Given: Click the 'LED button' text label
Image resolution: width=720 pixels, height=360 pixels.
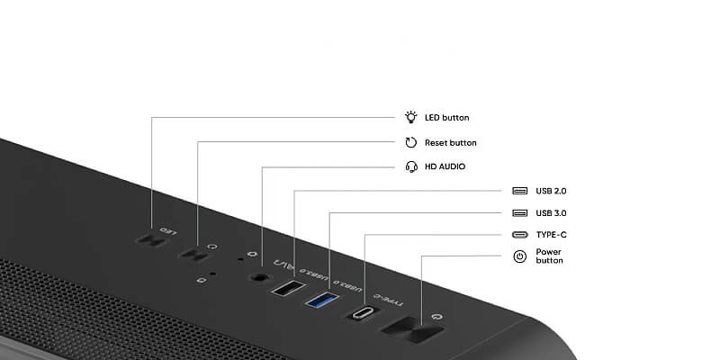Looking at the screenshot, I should click(446, 118).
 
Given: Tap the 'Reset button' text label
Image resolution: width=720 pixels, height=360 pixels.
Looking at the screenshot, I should click(450, 143).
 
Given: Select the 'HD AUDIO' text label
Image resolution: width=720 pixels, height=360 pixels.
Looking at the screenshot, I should click(445, 166).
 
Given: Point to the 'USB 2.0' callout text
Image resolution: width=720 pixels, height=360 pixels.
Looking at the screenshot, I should click(551, 191).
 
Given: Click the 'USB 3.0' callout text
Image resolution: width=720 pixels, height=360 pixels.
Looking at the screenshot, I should click(551, 213).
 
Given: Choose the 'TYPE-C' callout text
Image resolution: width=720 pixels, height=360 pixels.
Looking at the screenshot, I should click(551, 235).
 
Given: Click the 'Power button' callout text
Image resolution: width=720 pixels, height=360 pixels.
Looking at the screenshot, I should click(549, 256).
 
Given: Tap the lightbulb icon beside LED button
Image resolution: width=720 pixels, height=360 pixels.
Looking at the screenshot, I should click(411, 117).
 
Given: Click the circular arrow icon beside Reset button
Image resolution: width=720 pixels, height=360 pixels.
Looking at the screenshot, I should click(411, 142).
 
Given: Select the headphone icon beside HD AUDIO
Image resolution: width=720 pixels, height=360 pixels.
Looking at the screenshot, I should click(411, 166).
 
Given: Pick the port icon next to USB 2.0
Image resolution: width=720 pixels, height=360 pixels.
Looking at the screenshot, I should click(520, 191).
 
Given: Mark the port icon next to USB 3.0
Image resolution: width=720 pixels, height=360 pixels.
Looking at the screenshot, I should click(520, 213).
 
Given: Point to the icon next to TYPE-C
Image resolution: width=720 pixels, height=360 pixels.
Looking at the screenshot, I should click(520, 235).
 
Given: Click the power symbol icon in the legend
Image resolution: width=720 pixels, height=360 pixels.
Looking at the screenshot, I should click(520, 256).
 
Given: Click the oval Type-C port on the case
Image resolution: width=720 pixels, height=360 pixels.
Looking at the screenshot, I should click(364, 313).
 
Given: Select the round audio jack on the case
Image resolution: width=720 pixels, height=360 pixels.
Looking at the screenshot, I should click(261, 278).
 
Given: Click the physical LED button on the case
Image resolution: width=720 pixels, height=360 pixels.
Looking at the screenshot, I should click(147, 241).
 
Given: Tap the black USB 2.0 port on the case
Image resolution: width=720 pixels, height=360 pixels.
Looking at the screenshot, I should click(288, 289).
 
